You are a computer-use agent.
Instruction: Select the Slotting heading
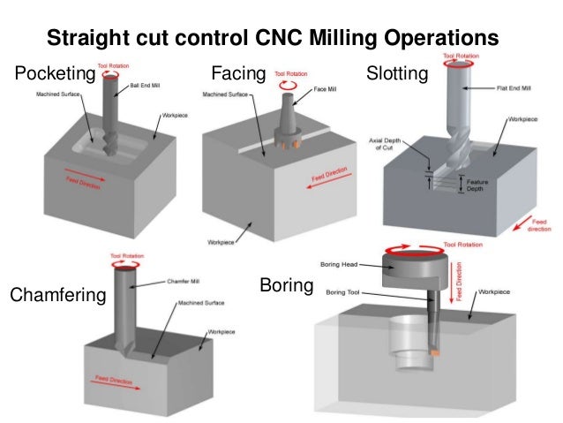click(x=397, y=73)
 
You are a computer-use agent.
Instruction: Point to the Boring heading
click(x=287, y=286)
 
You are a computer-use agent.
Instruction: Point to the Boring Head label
click(x=339, y=263)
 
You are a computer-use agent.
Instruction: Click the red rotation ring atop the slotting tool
click(x=461, y=63)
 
